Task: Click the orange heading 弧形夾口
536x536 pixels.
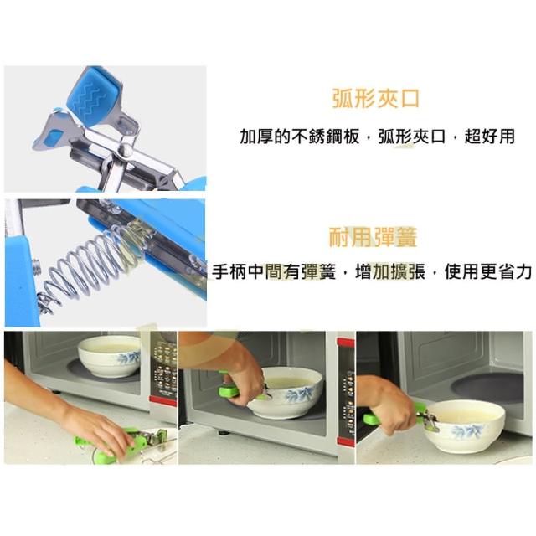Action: pyautogui.click(x=376, y=99)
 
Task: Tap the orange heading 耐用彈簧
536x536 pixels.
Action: pyautogui.click(x=373, y=236)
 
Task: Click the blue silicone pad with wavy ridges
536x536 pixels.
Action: pyautogui.click(x=94, y=95)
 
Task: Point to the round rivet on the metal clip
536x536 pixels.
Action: pyautogui.click(x=126, y=150)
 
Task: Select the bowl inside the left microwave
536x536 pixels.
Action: pyautogui.click(x=110, y=356)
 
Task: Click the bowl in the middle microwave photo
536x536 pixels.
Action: pyautogui.click(x=286, y=393)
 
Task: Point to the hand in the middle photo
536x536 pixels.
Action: pyautogui.click(x=240, y=376)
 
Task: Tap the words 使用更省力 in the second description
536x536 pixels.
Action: pyautogui.click(x=488, y=271)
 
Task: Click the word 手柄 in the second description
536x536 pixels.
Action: pyautogui.click(x=229, y=271)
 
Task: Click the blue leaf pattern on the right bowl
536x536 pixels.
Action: pyautogui.click(x=467, y=431)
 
